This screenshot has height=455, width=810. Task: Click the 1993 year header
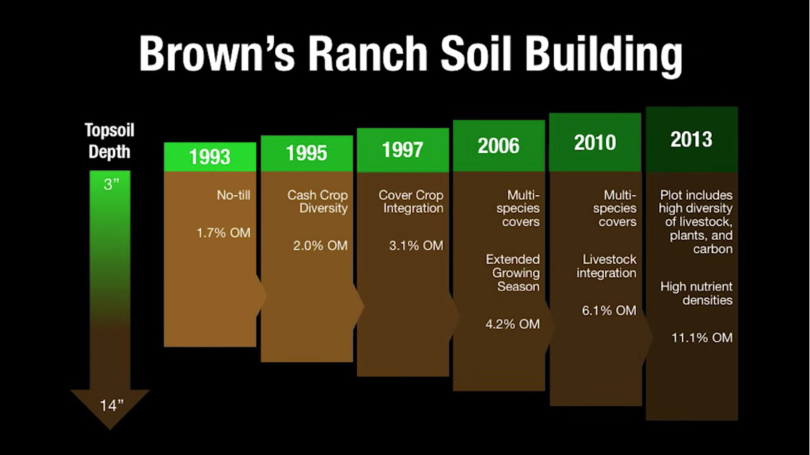pyautogui.click(x=210, y=157)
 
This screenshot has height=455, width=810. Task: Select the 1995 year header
pyautogui.click(x=306, y=153)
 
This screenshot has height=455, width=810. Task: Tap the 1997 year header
pyautogui.click(x=403, y=150)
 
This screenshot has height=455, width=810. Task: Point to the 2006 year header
pyautogui.click(x=499, y=146)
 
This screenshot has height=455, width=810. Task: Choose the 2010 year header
pyautogui.click(x=595, y=143)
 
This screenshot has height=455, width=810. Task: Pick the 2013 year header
pyautogui.click(x=692, y=140)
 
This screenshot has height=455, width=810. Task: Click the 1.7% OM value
pyautogui.click(x=223, y=233)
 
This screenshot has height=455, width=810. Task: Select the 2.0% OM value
pyautogui.click(x=320, y=246)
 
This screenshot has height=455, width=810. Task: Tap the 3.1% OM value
pyautogui.click(x=416, y=246)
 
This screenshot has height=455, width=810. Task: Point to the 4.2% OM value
pyautogui.click(x=513, y=325)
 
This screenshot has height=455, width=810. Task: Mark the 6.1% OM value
pyautogui.click(x=609, y=310)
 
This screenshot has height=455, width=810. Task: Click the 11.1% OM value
pyautogui.click(x=702, y=338)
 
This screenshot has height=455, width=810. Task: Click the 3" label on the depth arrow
pyautogui.click(x=111, y=185)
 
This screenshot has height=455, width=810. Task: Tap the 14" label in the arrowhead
pyautogui.click(x=112, y=406)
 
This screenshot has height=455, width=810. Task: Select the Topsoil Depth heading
pyautogui.click(x=110, y=141)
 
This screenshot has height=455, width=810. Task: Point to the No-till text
pyautogui.click(x=234, y=195)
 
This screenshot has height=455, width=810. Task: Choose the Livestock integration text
pyautogui.click(x=607, y=266)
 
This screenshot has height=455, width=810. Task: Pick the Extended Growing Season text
pyautogui.click(x=513, y=273)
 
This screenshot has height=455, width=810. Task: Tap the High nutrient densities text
pyautogui.click(x=696, y=293)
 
